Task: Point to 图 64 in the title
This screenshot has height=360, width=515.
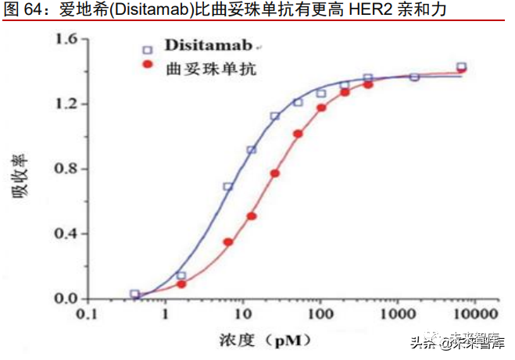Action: [x=23, y=10]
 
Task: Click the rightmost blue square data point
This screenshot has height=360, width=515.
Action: [x=461, y=67]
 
